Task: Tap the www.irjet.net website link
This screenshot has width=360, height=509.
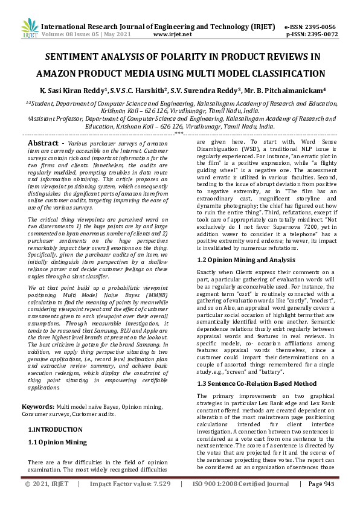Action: [x=173, y=34]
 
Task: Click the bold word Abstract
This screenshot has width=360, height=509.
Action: [x=43, y=142]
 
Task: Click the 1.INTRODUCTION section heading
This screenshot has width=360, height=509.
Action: [x=56, y=429]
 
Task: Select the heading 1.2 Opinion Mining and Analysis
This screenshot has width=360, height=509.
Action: [x=247, y=260]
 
